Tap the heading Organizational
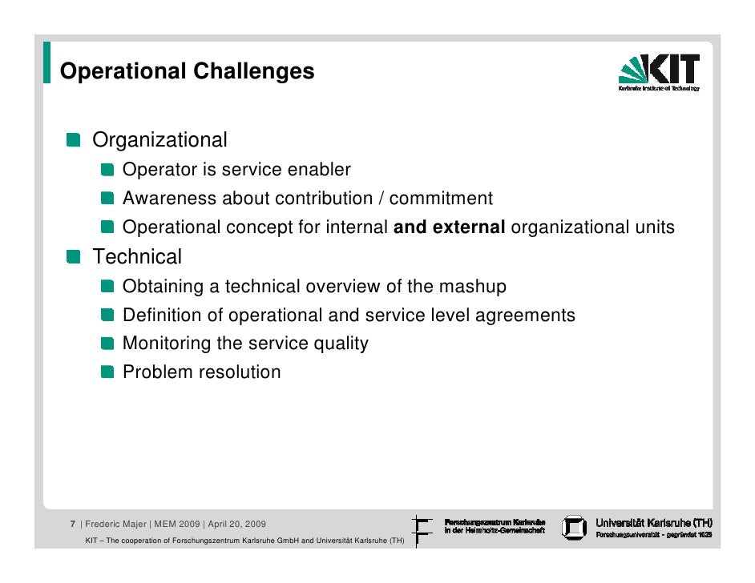tap(159, 140)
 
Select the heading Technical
tap(137, 257)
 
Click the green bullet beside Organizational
tap(74, 141)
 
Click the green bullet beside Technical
tap(74, 258)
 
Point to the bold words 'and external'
tap(449, 227)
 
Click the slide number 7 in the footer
tap(72, 525)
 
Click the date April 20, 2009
tap(237, 525)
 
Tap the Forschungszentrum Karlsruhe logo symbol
tap(422, 529)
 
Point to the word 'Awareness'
tap(169, 199)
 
